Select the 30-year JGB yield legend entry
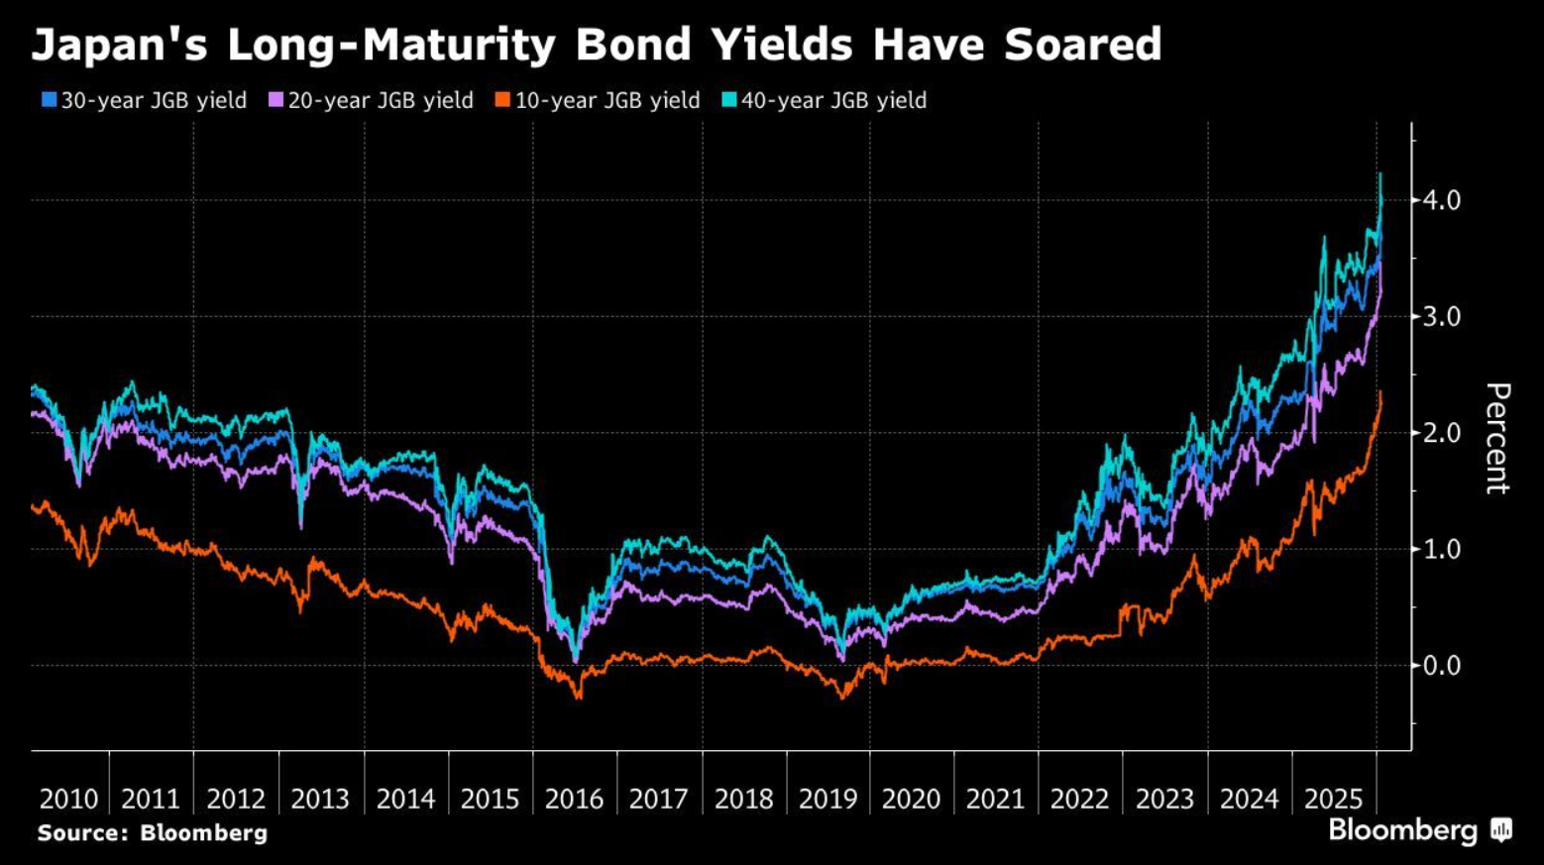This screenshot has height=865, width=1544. [x=144, y=100]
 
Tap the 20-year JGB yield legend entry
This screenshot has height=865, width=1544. [x=371, y=100]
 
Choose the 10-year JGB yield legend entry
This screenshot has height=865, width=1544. [x=598, y=100]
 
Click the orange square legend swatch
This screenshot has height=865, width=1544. [x=502, y=100]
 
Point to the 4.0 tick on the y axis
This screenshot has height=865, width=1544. [x=1441, y=200]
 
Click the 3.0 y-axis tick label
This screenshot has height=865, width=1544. [x=1441, y=317]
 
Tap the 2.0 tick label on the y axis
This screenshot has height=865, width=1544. [x=1441, y=433]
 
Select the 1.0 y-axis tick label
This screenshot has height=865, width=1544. [x=1441, y=549]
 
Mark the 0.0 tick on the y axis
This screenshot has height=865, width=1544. [x=1441, y=666]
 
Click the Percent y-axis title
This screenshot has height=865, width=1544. [x=1496, y=438]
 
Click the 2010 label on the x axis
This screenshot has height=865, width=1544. [x=68, y=799]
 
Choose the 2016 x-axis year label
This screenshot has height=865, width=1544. [x=574, y=799]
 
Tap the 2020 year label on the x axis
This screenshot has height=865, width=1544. [x=911, y=799]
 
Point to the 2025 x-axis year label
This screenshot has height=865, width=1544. [x=1333, y=799]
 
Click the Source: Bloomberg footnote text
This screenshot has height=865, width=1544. [x=153, y=833]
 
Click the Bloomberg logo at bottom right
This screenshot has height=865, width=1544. [x=1419, y=830]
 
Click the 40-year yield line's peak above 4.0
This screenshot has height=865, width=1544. [x=1380, y=175]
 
